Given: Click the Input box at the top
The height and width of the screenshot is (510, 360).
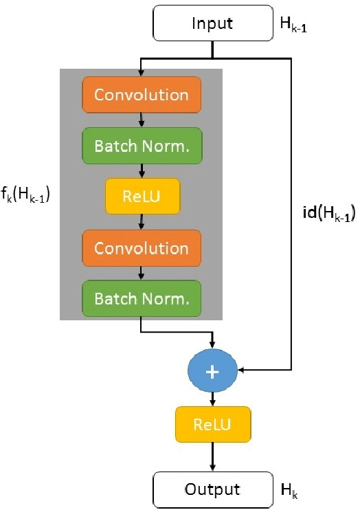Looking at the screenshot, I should pyautogui.click(x=212, y=23).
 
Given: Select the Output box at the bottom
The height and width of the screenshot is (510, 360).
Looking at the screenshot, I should pyautogui.click(x=212, y=489).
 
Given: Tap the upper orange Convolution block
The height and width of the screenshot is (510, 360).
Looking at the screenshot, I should pyautogui.click(x=141, y=94).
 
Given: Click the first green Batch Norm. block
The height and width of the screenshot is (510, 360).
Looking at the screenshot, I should pyautogui.click(x=141, y=145).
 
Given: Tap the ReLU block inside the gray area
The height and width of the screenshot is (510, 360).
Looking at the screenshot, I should pyautogui.click(x=141, y=196).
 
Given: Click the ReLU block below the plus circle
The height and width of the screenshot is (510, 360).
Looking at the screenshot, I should pyautogui.click(x=212, y=423).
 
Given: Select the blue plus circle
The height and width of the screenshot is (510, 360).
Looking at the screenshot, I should pyautogui.click(x=212, y=371).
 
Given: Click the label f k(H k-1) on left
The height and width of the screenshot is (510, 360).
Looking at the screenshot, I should pyautogui.click(x=27, y=195).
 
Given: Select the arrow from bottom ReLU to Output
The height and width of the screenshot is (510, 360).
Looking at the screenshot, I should pyautogui.click(x=212, y=456).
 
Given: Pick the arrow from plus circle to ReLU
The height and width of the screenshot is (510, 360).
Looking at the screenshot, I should pyautogui.click(x=212, y=398).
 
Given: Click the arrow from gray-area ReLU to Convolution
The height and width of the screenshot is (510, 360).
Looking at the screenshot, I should pyautogui.click(x=141, y=221).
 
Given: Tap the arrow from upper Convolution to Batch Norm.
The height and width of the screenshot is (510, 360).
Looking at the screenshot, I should pyautogui.click(x=141, y=120).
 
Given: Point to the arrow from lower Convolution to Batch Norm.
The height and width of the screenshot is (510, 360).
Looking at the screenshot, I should pyautogui.click(x=141, y=272).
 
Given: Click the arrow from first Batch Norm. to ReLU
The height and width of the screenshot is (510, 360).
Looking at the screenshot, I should pyautogui.click(x=141, y=170).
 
